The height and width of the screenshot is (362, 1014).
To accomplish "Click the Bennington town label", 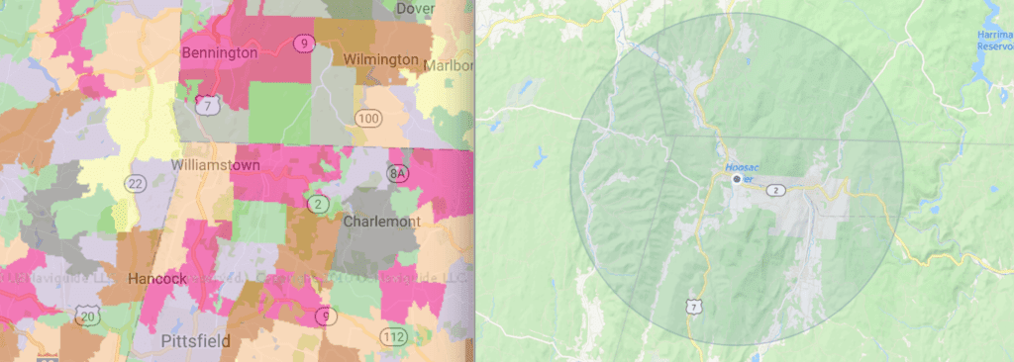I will pos(220,51).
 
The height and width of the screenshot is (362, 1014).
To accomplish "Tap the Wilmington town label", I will pos(381,59).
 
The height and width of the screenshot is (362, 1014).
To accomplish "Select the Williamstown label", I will pos(213,164).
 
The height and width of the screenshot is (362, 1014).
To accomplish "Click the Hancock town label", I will pos(157,279).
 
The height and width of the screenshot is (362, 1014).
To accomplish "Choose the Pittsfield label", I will pos(195,341).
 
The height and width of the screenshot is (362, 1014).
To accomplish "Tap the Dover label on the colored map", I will pos(416,8).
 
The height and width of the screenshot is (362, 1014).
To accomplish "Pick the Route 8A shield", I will pos(397,174).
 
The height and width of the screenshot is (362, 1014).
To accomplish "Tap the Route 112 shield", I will pos(391,337).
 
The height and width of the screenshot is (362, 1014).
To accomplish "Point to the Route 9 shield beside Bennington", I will pos(300,43).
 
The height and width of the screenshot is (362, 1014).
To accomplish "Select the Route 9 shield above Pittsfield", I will pos(323,316).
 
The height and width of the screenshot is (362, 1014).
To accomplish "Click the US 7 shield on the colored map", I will pos(206,105).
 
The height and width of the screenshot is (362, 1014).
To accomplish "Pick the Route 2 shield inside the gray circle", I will pos(778,189).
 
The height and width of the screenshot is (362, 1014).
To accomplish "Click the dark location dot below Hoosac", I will pos(735,181).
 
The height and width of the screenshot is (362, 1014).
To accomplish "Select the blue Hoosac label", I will pos(742,167).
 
